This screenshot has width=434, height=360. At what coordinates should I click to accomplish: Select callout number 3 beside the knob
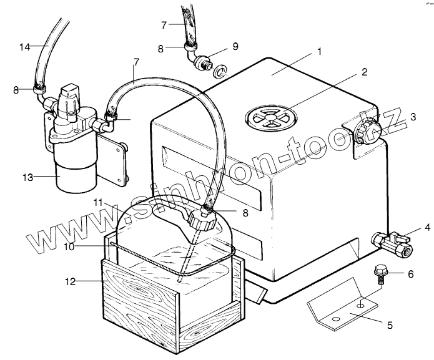[x=413, y=117]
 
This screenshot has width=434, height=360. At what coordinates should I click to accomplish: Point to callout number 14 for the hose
[x=24, y=46]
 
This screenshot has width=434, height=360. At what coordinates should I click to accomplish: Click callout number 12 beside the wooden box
[x=71, y=281]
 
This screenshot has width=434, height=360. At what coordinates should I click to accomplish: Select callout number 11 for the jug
[x=98, y=203]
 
